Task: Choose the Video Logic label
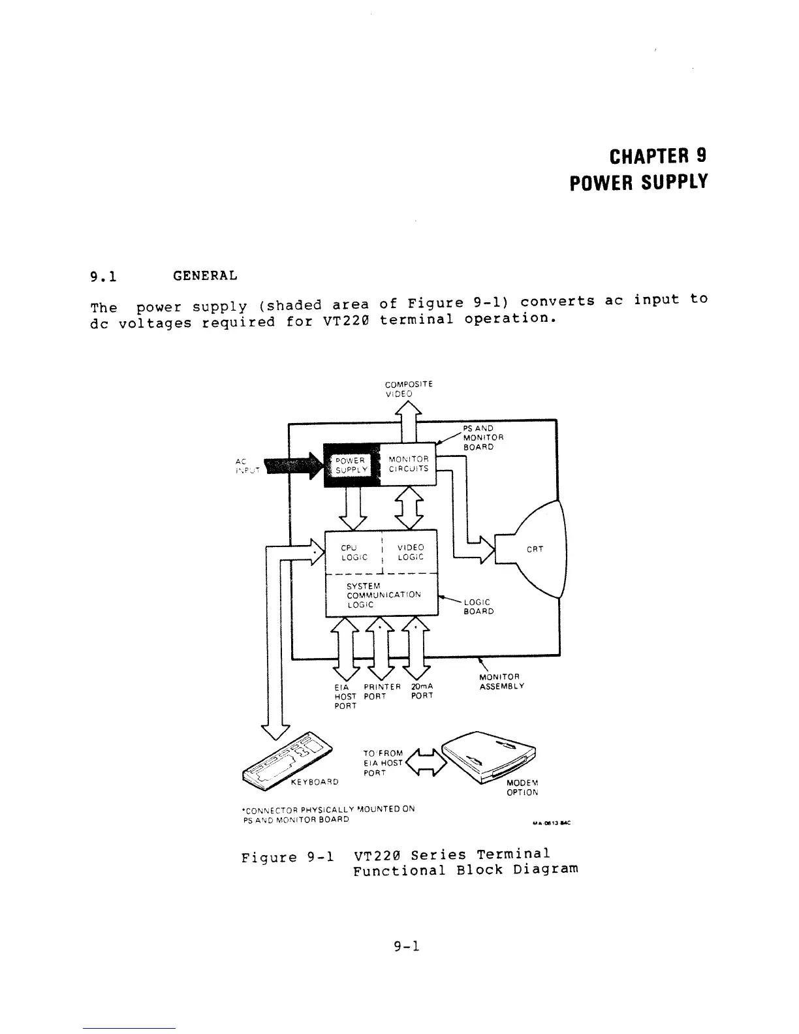[x=411, y=552]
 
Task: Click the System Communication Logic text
[x=384, y=595]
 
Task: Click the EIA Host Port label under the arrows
[x=345, y=696]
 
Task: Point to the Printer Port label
[x=381, y=691]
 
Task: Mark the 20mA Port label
[x=422, y=691]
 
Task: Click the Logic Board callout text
[x=478, y=607]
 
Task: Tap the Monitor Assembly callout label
[x=501, y=681]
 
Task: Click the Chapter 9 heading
[x=657, y=157]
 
